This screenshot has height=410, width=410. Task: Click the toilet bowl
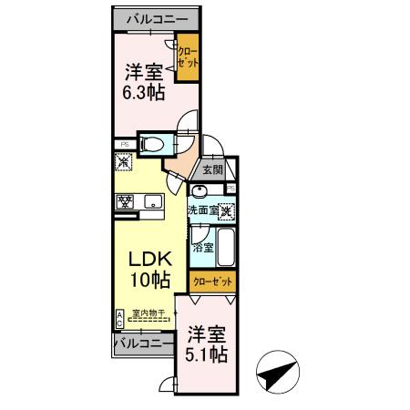click(154, 143)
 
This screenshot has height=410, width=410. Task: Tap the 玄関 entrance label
click(212, 169)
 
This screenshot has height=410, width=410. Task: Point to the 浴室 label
click(202, 246)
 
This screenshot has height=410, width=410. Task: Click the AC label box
click(119, 317)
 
